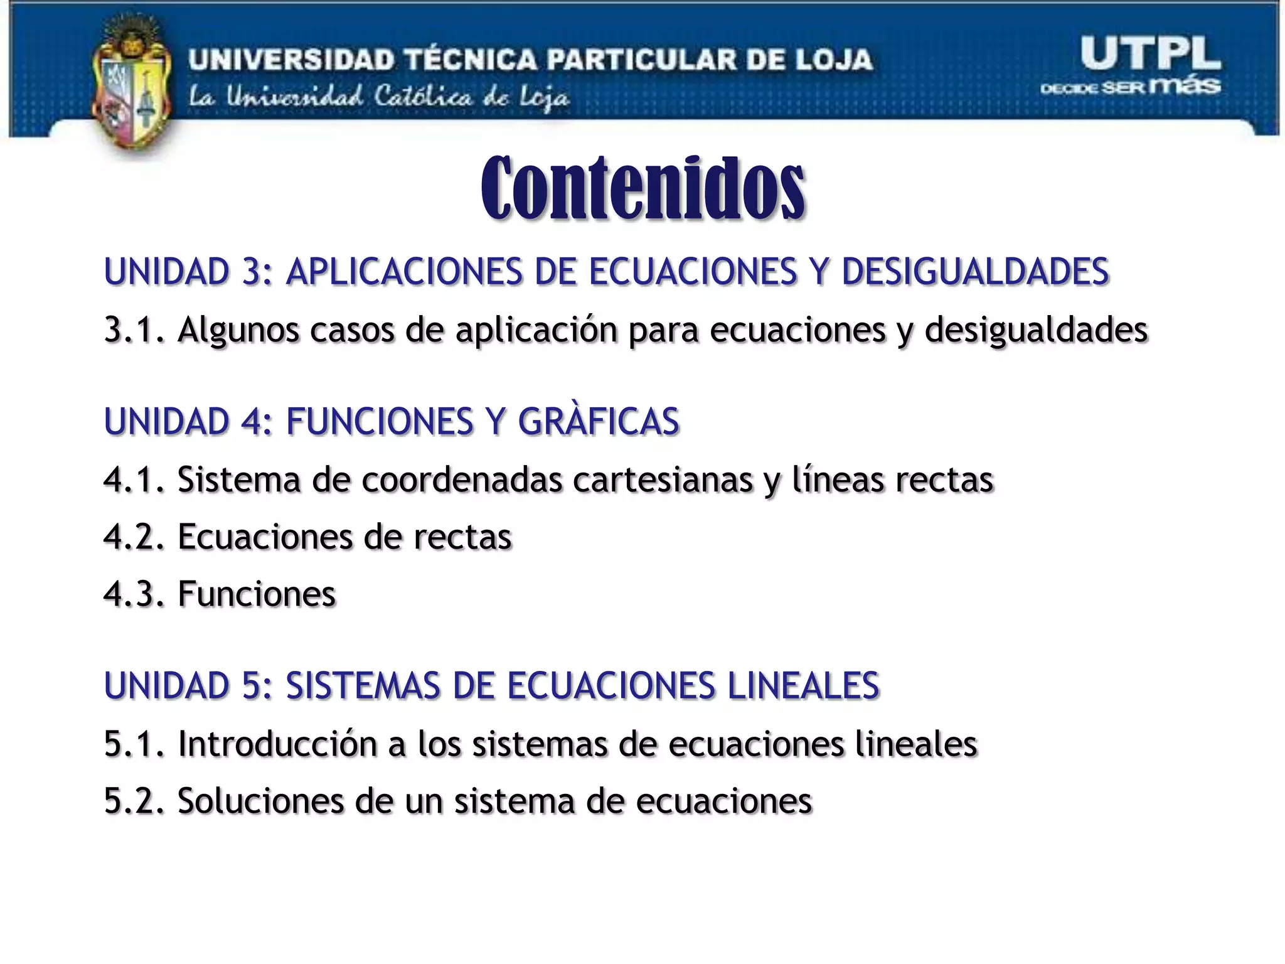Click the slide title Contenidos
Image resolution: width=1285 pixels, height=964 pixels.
[642, 188]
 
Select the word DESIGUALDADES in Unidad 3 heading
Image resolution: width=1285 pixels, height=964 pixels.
[975, 271]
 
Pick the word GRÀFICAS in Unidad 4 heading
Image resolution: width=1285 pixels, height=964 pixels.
[599, 421]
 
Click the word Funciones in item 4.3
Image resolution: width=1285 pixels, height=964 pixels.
[257, 594]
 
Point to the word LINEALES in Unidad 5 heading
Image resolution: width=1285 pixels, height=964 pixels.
[803, 685]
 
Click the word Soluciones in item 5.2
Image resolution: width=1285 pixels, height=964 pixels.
[260, 801]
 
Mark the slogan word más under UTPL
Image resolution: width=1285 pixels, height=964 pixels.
[1185, 86]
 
